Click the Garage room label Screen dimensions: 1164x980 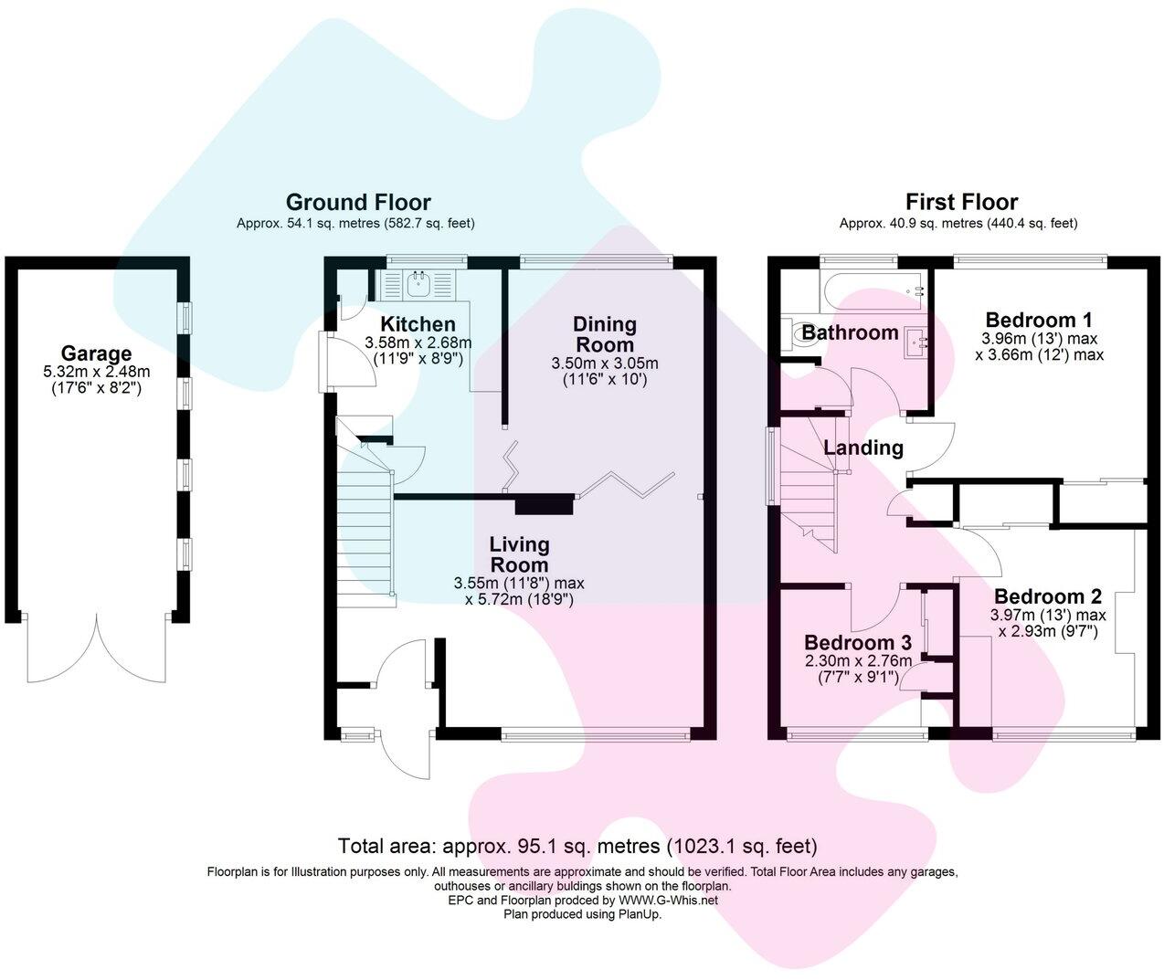[97, 353]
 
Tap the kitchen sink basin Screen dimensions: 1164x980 [417, 285]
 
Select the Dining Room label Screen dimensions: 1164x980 [605, 334]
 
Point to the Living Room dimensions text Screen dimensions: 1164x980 [519, 592]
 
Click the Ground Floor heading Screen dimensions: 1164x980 [358, 202]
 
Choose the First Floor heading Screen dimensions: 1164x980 [962, 202]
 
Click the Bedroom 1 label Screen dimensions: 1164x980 [1039, 320]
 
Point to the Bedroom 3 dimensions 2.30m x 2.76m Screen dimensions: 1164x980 [858, 661]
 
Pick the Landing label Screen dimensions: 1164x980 [863, 448]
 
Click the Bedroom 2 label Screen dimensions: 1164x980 [1048, 596]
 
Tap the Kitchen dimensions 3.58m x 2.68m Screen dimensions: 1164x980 [418, 342]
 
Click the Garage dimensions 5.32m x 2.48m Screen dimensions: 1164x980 [97, 372]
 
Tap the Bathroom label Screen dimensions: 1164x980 [850, 332]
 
